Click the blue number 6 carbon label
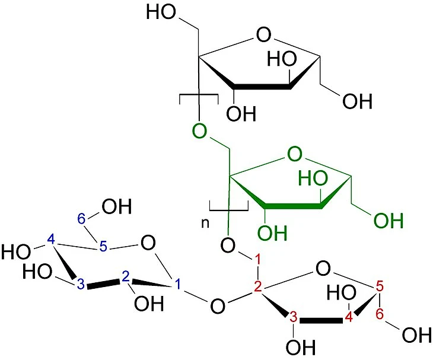coord(81,219)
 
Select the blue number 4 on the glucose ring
coord(51,239)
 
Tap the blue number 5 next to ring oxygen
coord(103,247)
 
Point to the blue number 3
coord(81,284)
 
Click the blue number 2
coord(125,277)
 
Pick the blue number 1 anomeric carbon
coord(177,284)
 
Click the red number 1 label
coord(257,260)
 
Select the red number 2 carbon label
coord(258,287)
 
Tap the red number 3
coord(293,317)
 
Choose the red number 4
coord(349,317)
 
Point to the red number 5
coord(380,287)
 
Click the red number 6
coord(380,314)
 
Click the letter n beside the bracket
coord(205,224)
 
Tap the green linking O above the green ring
coord(199,131)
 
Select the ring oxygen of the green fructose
coord(295,154)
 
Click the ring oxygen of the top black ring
coord(263,34)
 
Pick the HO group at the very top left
coord(161,12)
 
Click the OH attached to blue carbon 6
coord(117,207)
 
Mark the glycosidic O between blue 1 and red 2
coord(218,306)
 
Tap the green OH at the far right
coord(389,221)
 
